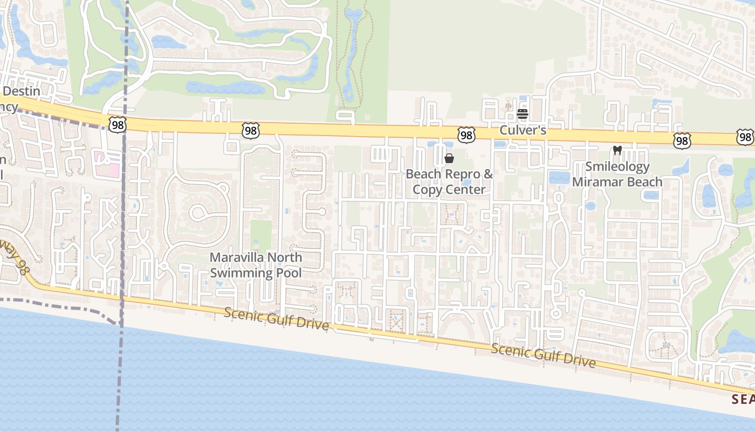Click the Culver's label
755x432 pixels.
point(523,130)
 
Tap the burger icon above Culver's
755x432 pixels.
point(522,114)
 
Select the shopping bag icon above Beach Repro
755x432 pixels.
point(449,158)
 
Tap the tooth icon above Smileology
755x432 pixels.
point(617,151)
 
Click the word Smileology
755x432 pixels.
point(617,166)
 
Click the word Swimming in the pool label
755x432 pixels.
point(241,273)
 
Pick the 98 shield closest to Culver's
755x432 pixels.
point(466,135)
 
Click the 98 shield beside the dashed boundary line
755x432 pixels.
point(117,125)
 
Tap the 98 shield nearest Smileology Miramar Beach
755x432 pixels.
point(682,141)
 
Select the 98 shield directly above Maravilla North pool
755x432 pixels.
point(251,130)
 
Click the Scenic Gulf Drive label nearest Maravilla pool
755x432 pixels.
point(276,318)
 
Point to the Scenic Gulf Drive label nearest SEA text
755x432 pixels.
point(544,355)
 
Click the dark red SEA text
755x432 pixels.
point(743,399)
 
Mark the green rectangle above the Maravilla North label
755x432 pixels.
point(262,235)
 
